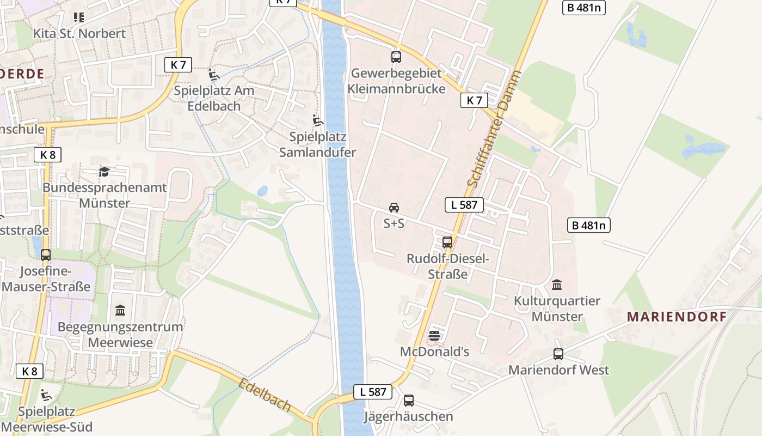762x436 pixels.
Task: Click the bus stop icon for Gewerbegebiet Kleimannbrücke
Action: click(x=396, y=57)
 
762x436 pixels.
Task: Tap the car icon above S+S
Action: click(x=394, y=208)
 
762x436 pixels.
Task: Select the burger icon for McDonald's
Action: click(x=434, y=336)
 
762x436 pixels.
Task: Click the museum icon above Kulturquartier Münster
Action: click(x=557, y=284)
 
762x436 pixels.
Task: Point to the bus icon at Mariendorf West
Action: click(x=558, y=354)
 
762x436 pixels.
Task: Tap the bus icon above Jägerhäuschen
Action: click(x=409, y=401)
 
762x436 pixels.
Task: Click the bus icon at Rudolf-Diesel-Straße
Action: click(x=447, y=243)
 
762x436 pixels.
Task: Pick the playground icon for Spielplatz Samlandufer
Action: click(x=318, y=120)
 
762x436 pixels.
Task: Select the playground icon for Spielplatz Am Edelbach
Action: click(x=214, y=75)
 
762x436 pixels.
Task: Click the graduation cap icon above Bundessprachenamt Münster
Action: click(x=104, y=172)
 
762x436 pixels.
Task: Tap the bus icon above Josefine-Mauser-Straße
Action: click(x=46, y=255)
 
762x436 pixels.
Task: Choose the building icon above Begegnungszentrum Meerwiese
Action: click(x=120, y=311)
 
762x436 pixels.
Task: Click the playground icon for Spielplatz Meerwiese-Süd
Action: click(x=47, y=395)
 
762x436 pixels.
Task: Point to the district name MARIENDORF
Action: click(x=677, y=317)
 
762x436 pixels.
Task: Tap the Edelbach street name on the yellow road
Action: click(x=265, y=395)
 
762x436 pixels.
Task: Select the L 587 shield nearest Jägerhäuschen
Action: click(x=373, y=391)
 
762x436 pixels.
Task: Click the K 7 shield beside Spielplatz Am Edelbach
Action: click(x=178, y=65)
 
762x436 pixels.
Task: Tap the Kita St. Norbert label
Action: click(x=79, y=33)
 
